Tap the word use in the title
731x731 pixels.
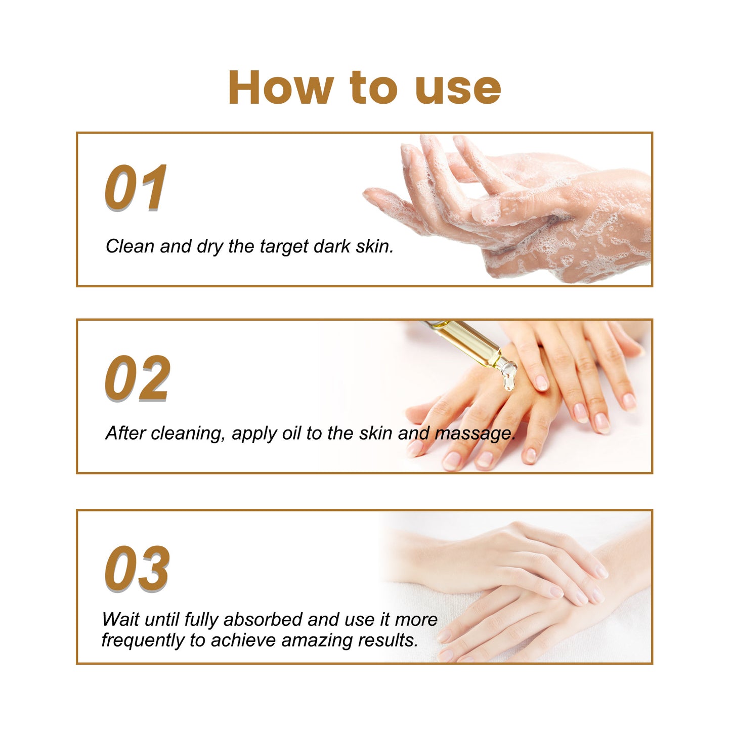point(458,89)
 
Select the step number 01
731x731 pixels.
point(136,188)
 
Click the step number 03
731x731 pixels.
point(137,569)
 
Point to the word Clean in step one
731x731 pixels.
point(130,246)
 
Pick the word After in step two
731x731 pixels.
point(125,433)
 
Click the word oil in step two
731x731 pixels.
point(291,434)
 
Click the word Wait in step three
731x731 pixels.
point(120,619)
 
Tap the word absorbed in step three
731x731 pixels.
point(263,619)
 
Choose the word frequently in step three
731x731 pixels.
point(143,640)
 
